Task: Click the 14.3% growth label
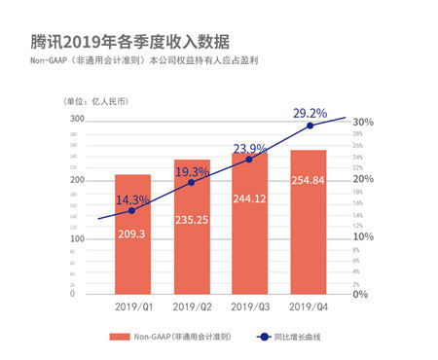point(132,200)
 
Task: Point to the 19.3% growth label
point(192,171)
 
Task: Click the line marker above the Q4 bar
point(310,126)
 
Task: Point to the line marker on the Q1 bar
point(132,211)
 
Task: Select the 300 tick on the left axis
point(76,119)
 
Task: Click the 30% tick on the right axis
point(362,123)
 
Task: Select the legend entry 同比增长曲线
point(302,337)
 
